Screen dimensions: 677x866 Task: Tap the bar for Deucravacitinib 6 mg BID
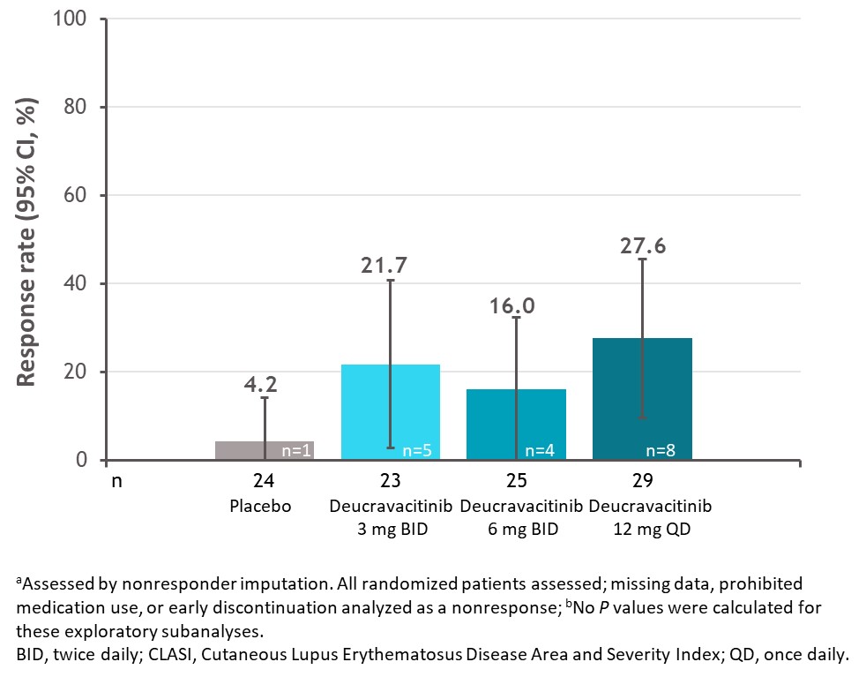point(494,424)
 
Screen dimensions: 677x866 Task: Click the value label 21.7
point(390,265)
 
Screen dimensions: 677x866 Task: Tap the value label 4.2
point(265,384)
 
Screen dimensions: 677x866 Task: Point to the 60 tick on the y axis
point(78,195)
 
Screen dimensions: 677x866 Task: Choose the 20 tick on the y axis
point(78,372)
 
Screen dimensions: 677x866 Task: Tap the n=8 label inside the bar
point(661,450)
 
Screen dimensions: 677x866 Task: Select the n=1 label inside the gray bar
point(296,450)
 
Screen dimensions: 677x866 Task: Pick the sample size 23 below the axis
point(390,482)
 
